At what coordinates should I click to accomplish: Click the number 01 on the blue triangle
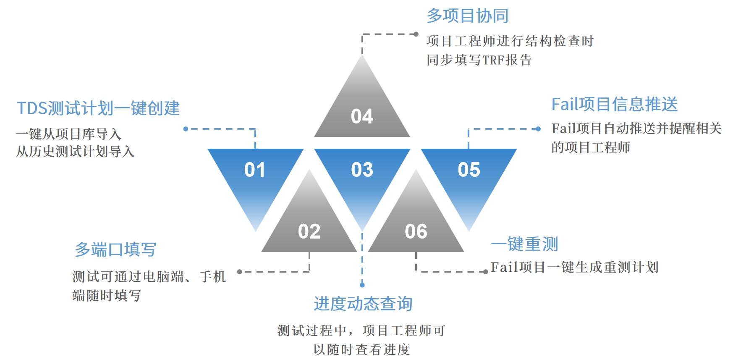tap(254, 170)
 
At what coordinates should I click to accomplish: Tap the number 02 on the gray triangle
tap(309, 231)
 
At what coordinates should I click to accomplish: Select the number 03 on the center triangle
tap(362, 170)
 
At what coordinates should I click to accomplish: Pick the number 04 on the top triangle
tap(362, 116)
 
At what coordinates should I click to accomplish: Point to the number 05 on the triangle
tap(469, 170)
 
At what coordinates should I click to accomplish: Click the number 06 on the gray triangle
tap(416, 231)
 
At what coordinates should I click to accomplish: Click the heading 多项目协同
tap(467, 16)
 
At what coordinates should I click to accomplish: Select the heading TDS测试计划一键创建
tap(98, 108)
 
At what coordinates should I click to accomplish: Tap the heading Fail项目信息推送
tap(614, 104)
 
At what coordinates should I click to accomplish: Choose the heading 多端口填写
tap(115, 250)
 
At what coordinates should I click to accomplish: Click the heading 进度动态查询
tap(363, 304)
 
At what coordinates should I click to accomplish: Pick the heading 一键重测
tap(524, 244)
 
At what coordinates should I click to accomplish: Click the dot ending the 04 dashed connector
tap(416, 34)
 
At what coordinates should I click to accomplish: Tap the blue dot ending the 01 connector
tap(186, 129)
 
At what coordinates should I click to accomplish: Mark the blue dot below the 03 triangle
tap(362, 285)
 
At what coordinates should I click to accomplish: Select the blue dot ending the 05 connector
tap(539, 129)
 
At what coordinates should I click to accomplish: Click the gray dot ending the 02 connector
tap(239, 272)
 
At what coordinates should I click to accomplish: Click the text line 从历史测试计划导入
tap(75, 151)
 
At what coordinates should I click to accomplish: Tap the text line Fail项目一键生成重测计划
tap(574, 267)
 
